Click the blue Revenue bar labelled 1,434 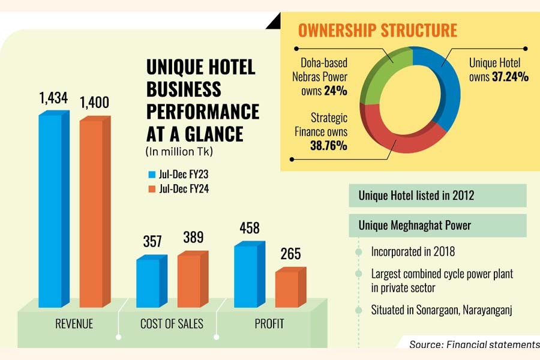50,210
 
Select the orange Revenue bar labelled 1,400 91,213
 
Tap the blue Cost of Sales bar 148,282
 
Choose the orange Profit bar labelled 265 286,289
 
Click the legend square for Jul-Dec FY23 152,175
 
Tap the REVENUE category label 74,325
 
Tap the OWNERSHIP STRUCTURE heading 377,30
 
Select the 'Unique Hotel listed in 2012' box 437,196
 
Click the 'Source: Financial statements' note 475,344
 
